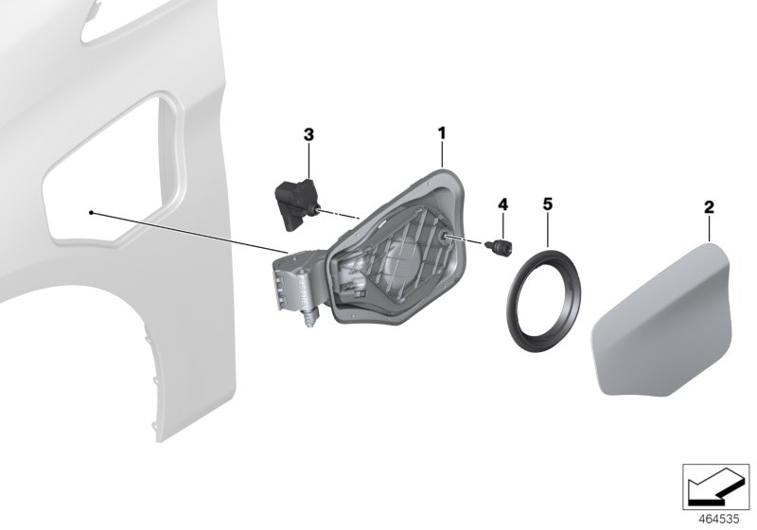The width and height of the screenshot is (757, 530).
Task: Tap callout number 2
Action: point(709,205)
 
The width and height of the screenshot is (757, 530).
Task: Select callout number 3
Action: point(308,136)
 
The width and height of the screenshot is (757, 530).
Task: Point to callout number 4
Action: point(502,204)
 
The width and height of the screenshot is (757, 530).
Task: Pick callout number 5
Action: point(547,204)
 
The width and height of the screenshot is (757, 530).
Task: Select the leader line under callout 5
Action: point(547,231)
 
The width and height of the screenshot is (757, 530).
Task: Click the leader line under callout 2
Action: point(709,228)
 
